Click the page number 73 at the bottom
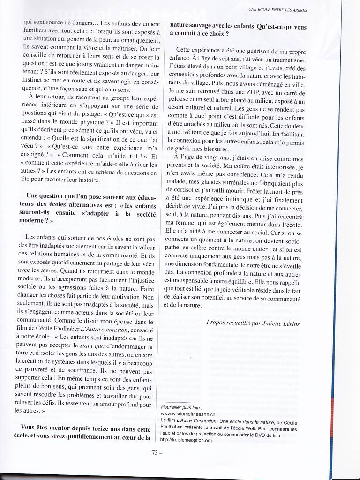(x=154, y=453)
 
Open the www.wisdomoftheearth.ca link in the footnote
(x=188, y=414)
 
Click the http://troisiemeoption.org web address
(x=186, y=440)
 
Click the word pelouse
(x=180, y=101)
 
